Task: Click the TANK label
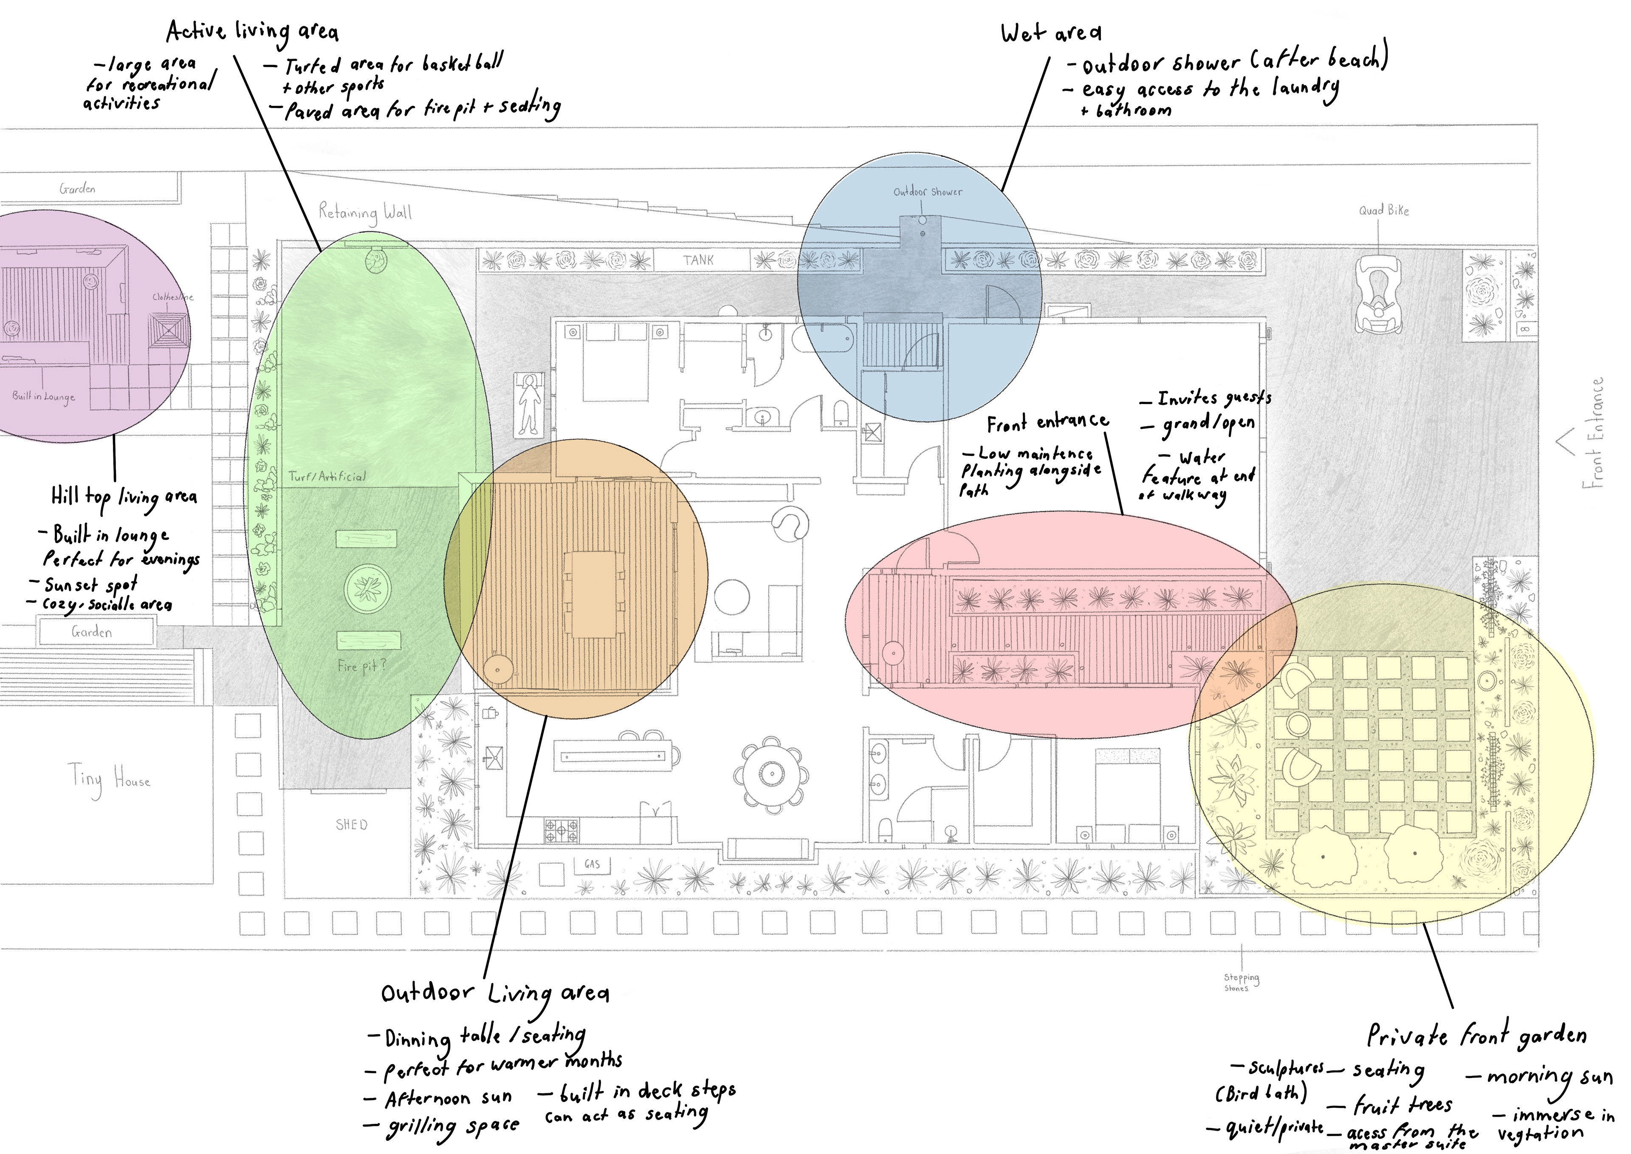698,260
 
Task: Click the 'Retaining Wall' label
365,212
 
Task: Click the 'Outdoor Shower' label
928,192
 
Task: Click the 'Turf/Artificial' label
327,476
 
